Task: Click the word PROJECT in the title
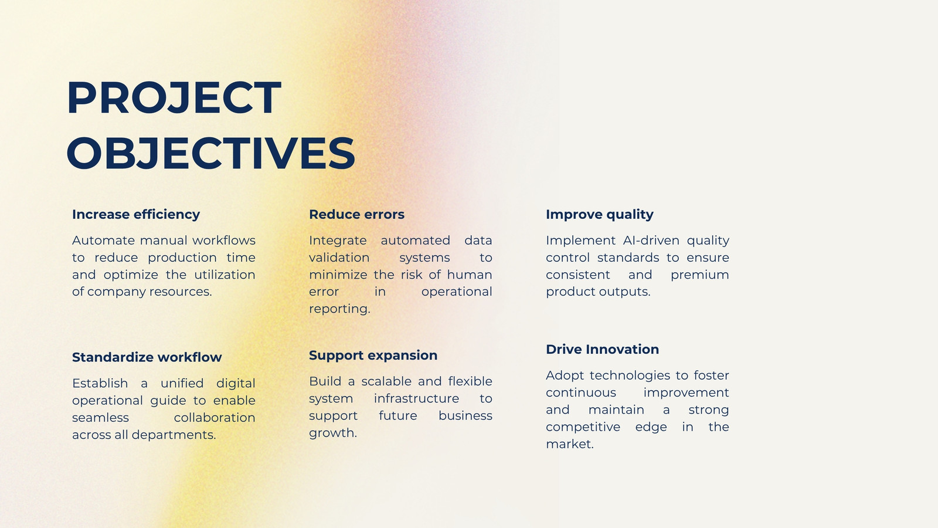[174, 97]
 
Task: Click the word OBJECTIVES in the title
[210, 153]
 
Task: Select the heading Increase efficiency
[136, 215]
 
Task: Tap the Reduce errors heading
[357, 215]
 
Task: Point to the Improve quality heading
[600, 215]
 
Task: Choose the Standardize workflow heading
[147, 357]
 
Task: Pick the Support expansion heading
[373, 356]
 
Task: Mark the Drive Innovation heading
[603, 350]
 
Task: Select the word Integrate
[338, 241]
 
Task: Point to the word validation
[339, 258]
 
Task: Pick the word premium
[700, 275]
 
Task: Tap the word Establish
[100, 384]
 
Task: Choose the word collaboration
[215, 418]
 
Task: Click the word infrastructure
[416, 398]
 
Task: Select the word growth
[333, 434]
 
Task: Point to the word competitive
[583, 427]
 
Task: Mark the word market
[570, 444]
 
